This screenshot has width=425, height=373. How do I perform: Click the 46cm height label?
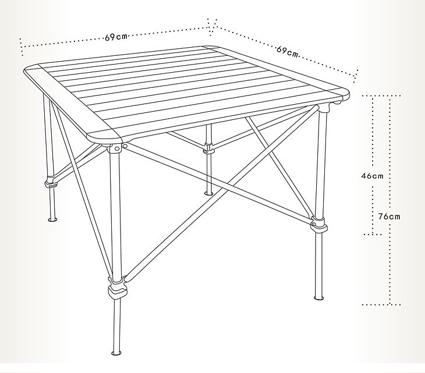(x=372, y=176)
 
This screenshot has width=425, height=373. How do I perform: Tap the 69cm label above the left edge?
(x=116, y=37)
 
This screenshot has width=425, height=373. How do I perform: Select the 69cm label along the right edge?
(x=287, y=51)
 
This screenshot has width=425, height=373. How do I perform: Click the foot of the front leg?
(x=116, y=353)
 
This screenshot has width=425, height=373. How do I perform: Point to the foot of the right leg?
(x=319, y=298)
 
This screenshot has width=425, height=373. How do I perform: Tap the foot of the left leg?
(x=52, y=219)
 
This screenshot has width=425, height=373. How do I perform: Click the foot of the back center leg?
(x=208, y=193)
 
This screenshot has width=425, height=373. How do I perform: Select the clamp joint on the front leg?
(x=118, y=288)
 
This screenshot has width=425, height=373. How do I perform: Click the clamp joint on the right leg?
(x=319, y=224)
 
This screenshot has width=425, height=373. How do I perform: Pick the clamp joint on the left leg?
(x=51, y=182)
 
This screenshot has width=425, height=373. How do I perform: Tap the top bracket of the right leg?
(x=324, y=108)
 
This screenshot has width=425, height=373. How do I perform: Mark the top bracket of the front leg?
(x=114, y=148)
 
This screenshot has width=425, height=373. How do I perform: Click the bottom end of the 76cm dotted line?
(x=389, y=304)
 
